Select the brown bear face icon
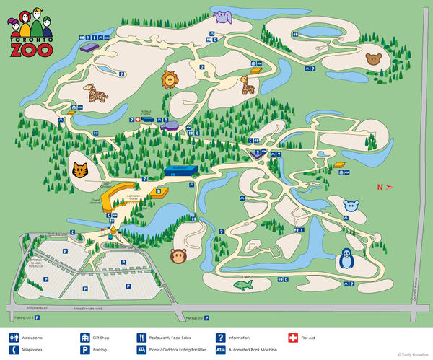pos(374,58)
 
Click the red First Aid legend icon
pos(292,337)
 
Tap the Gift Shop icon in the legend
pos(84,337)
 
